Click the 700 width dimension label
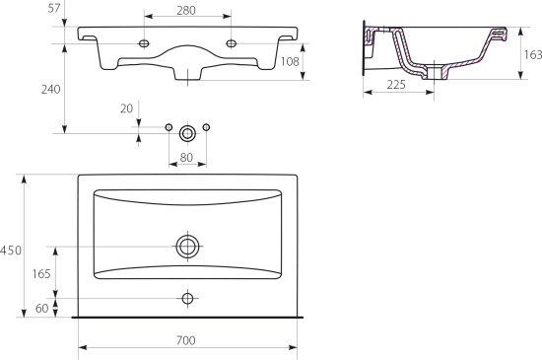[186, 340]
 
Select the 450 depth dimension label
[11, 251]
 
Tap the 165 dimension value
[41, 274]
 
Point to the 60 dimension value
[41, 308]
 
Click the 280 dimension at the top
[186, 11]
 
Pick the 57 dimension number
[54, 8]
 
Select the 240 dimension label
[51, 90]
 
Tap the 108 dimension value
[290, 61]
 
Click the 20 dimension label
[126, 108]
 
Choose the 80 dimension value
[186, 158]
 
